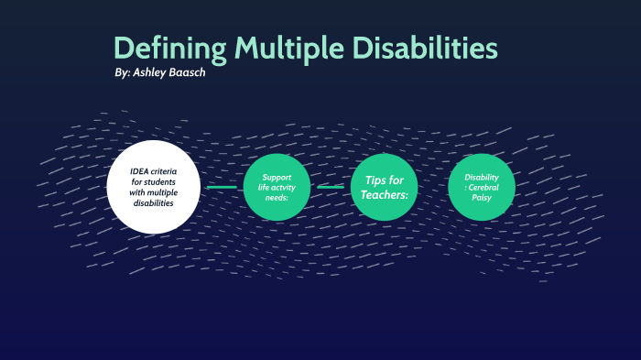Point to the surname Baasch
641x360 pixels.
188,73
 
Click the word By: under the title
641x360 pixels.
121,73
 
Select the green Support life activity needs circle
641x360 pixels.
277,187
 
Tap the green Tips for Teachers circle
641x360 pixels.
384,187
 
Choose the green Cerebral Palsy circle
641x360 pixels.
482,187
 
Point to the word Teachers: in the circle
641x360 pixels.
384,195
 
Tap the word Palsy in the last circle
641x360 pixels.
482,197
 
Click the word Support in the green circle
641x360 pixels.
277,177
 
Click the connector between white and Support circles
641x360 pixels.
221,187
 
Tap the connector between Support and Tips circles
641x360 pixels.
331,187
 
